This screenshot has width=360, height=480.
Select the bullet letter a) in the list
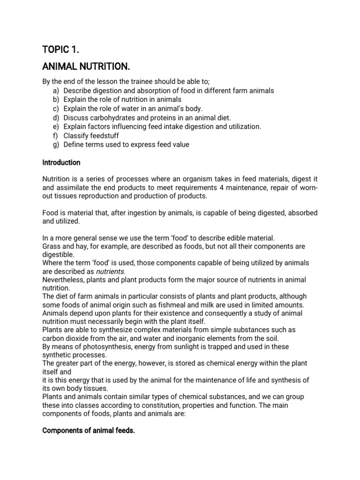[x=55, y=91]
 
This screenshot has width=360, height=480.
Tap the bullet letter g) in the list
[x=55, y=144]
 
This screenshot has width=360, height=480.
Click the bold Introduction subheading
[x=61, y=163]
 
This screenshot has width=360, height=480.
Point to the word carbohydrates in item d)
[x=112, y=118]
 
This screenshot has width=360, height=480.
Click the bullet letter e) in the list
[x=55, y=127]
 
